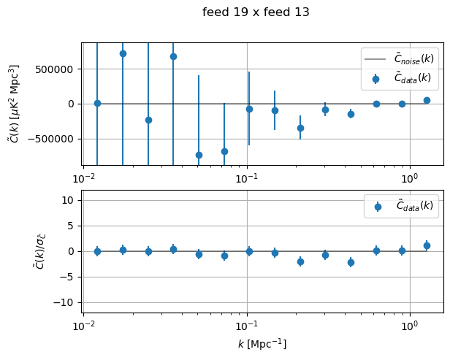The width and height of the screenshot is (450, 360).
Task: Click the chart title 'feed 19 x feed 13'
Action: click(x=256, y=12)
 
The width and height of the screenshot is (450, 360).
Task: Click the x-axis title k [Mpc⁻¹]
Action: click(x=262, y=344)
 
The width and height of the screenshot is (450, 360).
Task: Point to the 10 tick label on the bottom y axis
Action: click(x=69, y=200)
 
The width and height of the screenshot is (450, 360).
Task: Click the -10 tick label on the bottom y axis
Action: click(x=66, y=302)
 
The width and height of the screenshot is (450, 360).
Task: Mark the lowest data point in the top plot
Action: click(x=199, y=155)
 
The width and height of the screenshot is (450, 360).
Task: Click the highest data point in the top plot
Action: click(x=123, y=53)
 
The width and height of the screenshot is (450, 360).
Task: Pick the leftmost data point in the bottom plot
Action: click(x=97, y=251)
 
